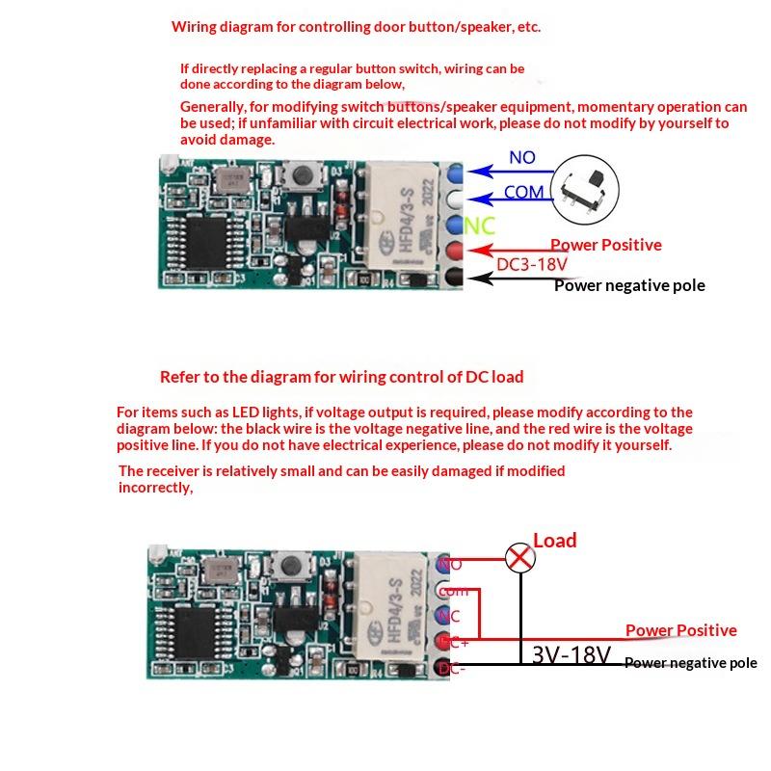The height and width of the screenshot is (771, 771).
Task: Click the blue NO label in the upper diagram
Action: [x=521, y=158]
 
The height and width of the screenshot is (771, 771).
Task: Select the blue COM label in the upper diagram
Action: [x=523, y=193]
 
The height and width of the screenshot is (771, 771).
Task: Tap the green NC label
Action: [x=479, y=226]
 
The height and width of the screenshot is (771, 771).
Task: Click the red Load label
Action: [x=554, y=541]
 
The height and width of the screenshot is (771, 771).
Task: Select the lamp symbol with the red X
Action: [x=520, y=557]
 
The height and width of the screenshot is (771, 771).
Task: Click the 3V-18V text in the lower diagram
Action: [x=572, y=655]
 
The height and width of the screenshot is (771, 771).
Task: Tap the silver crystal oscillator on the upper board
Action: [x=231, y=179]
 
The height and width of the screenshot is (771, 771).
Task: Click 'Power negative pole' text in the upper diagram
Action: [x=629, y=285]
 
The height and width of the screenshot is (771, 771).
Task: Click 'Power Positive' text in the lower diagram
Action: [x=680, y=630]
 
